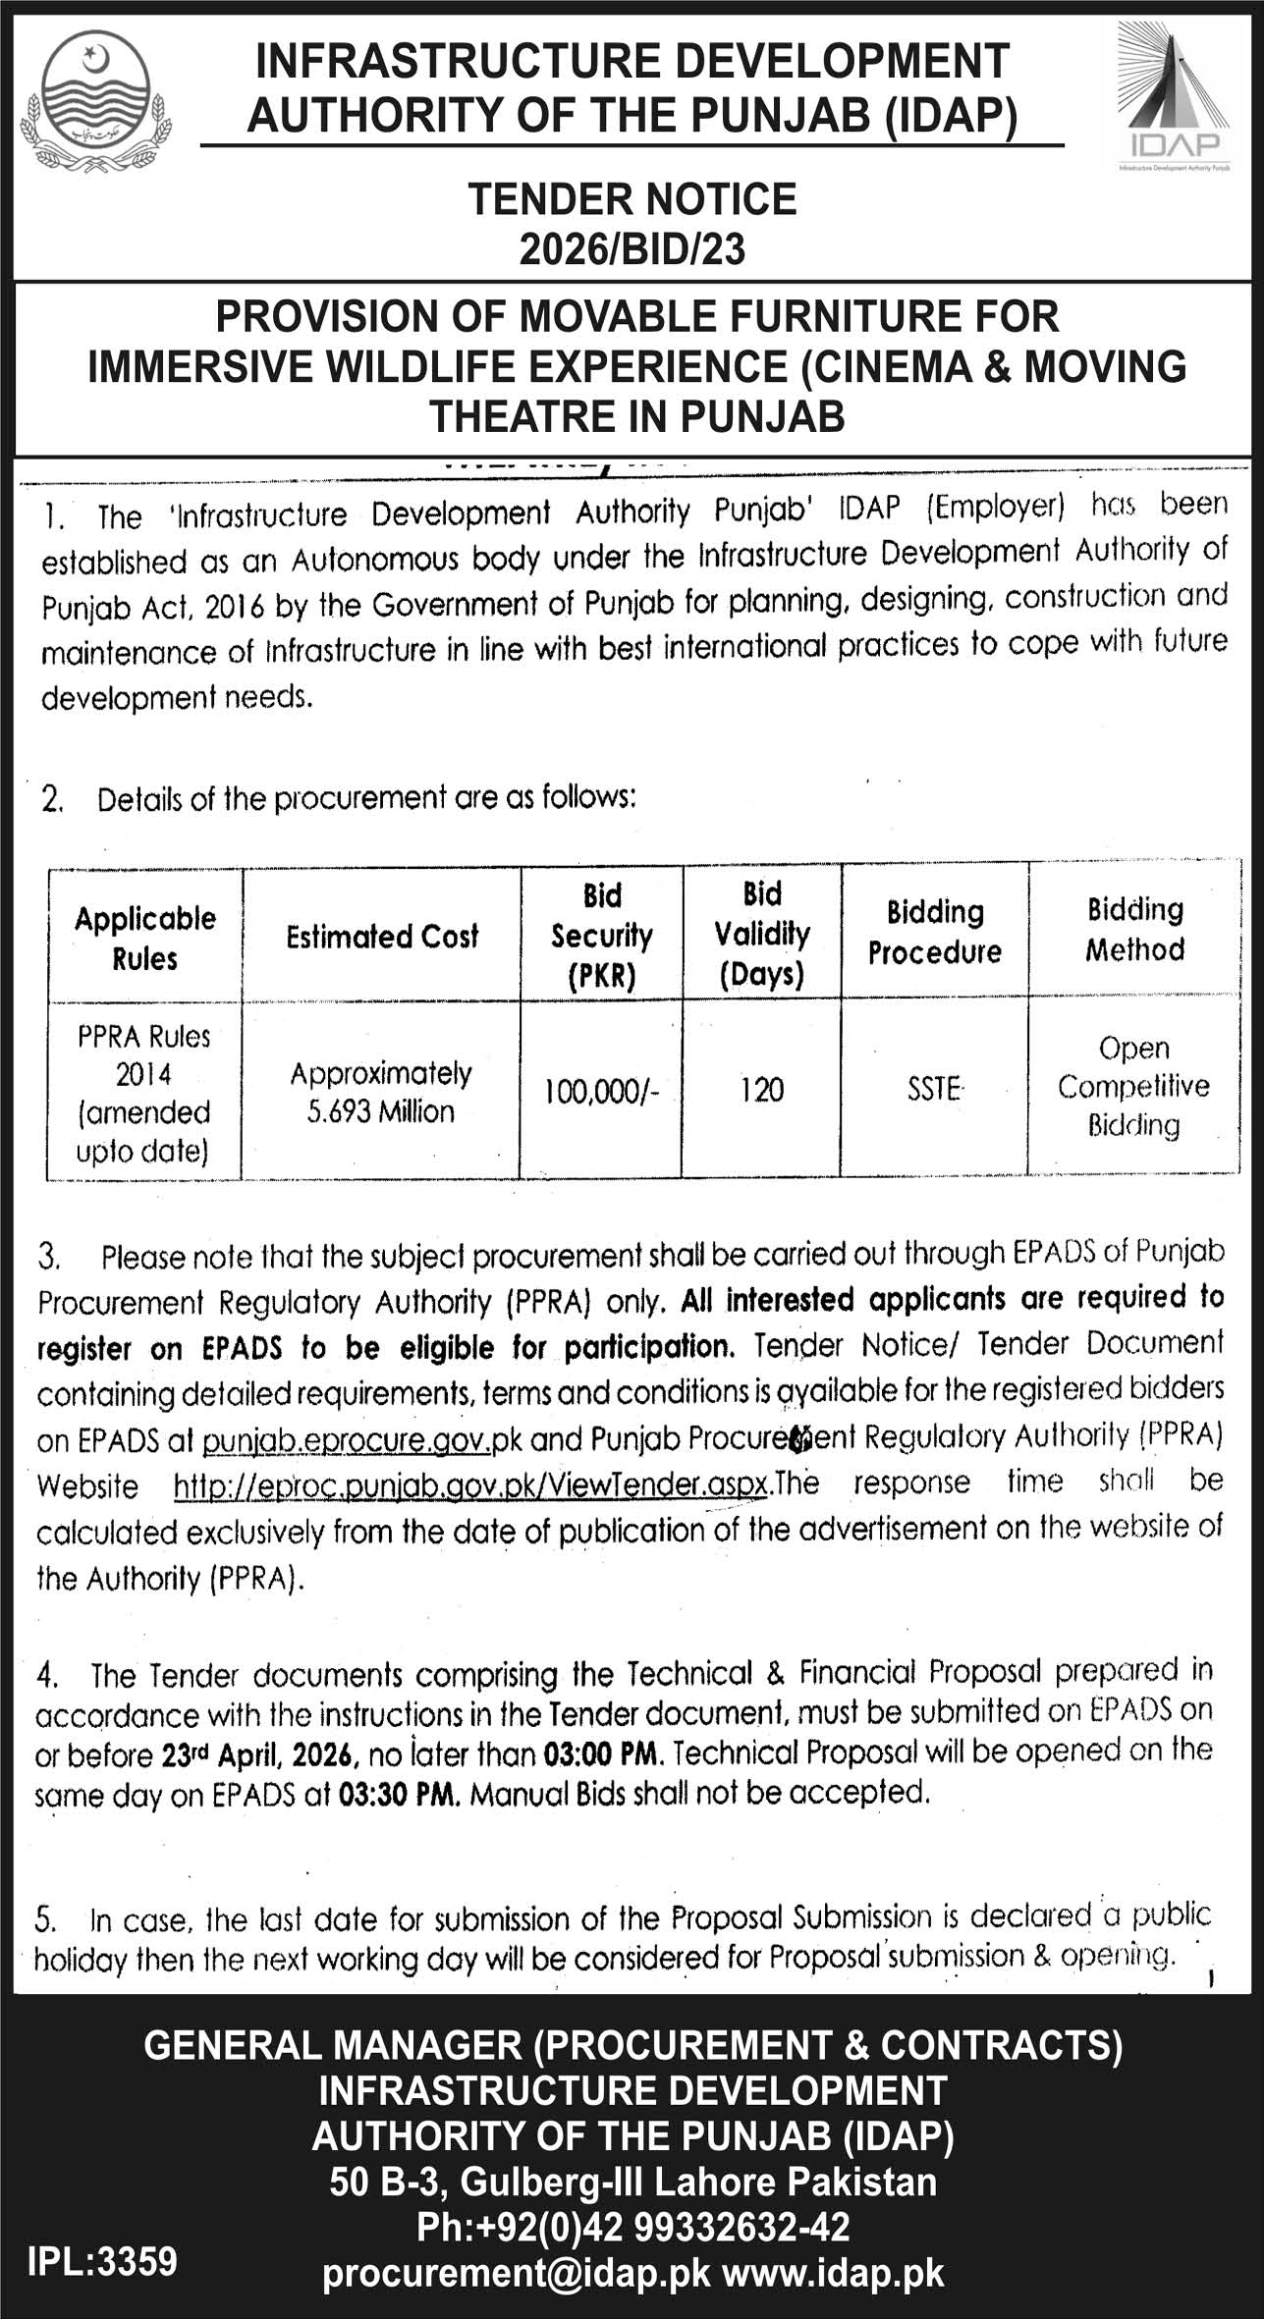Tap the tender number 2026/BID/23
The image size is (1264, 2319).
pyautogui.click(x=632, y=249)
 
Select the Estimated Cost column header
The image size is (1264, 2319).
pyautogui.click(x=382, y=937)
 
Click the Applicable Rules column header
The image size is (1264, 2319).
pyautogui.click(x=145, y=938)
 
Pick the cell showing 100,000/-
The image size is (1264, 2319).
pyautogui.click(x=601, y=1090)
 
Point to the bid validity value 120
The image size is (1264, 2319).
pyautogui.click(x=761, y=1090)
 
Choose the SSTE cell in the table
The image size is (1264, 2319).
pyautogui.click(x=934, y=1089)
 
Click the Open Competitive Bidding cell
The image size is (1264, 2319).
pyautogui.click(x=1133, y=1087)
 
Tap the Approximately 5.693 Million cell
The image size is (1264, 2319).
pyautogui.click(x=381, y=1092)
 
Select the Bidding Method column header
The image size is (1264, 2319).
pyautogui.click(x=1134, y=929)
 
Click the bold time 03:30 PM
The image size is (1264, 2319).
pyautogui.click(x=399, y=1795)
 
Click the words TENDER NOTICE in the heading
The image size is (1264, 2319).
pyautogui.click(x=632, y=199)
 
